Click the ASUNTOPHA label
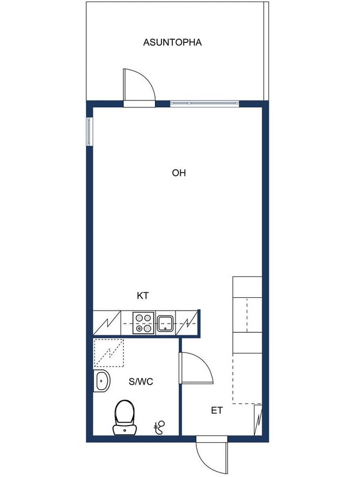[172, 42]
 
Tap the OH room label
[179, 173]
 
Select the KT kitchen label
[142, 296]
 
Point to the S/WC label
[141, 381]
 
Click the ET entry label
[217, 410]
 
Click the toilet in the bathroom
[124, 417]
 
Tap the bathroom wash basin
[101, 381]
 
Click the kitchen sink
[165, 324]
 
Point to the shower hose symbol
[159, 427]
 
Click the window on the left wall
[89, 131]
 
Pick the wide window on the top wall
[204, 103]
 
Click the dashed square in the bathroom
[109, 353]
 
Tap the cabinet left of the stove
[107, 323]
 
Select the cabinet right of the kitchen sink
[187, 323]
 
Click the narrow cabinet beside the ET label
[258, 420]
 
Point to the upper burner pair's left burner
[139, 318]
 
